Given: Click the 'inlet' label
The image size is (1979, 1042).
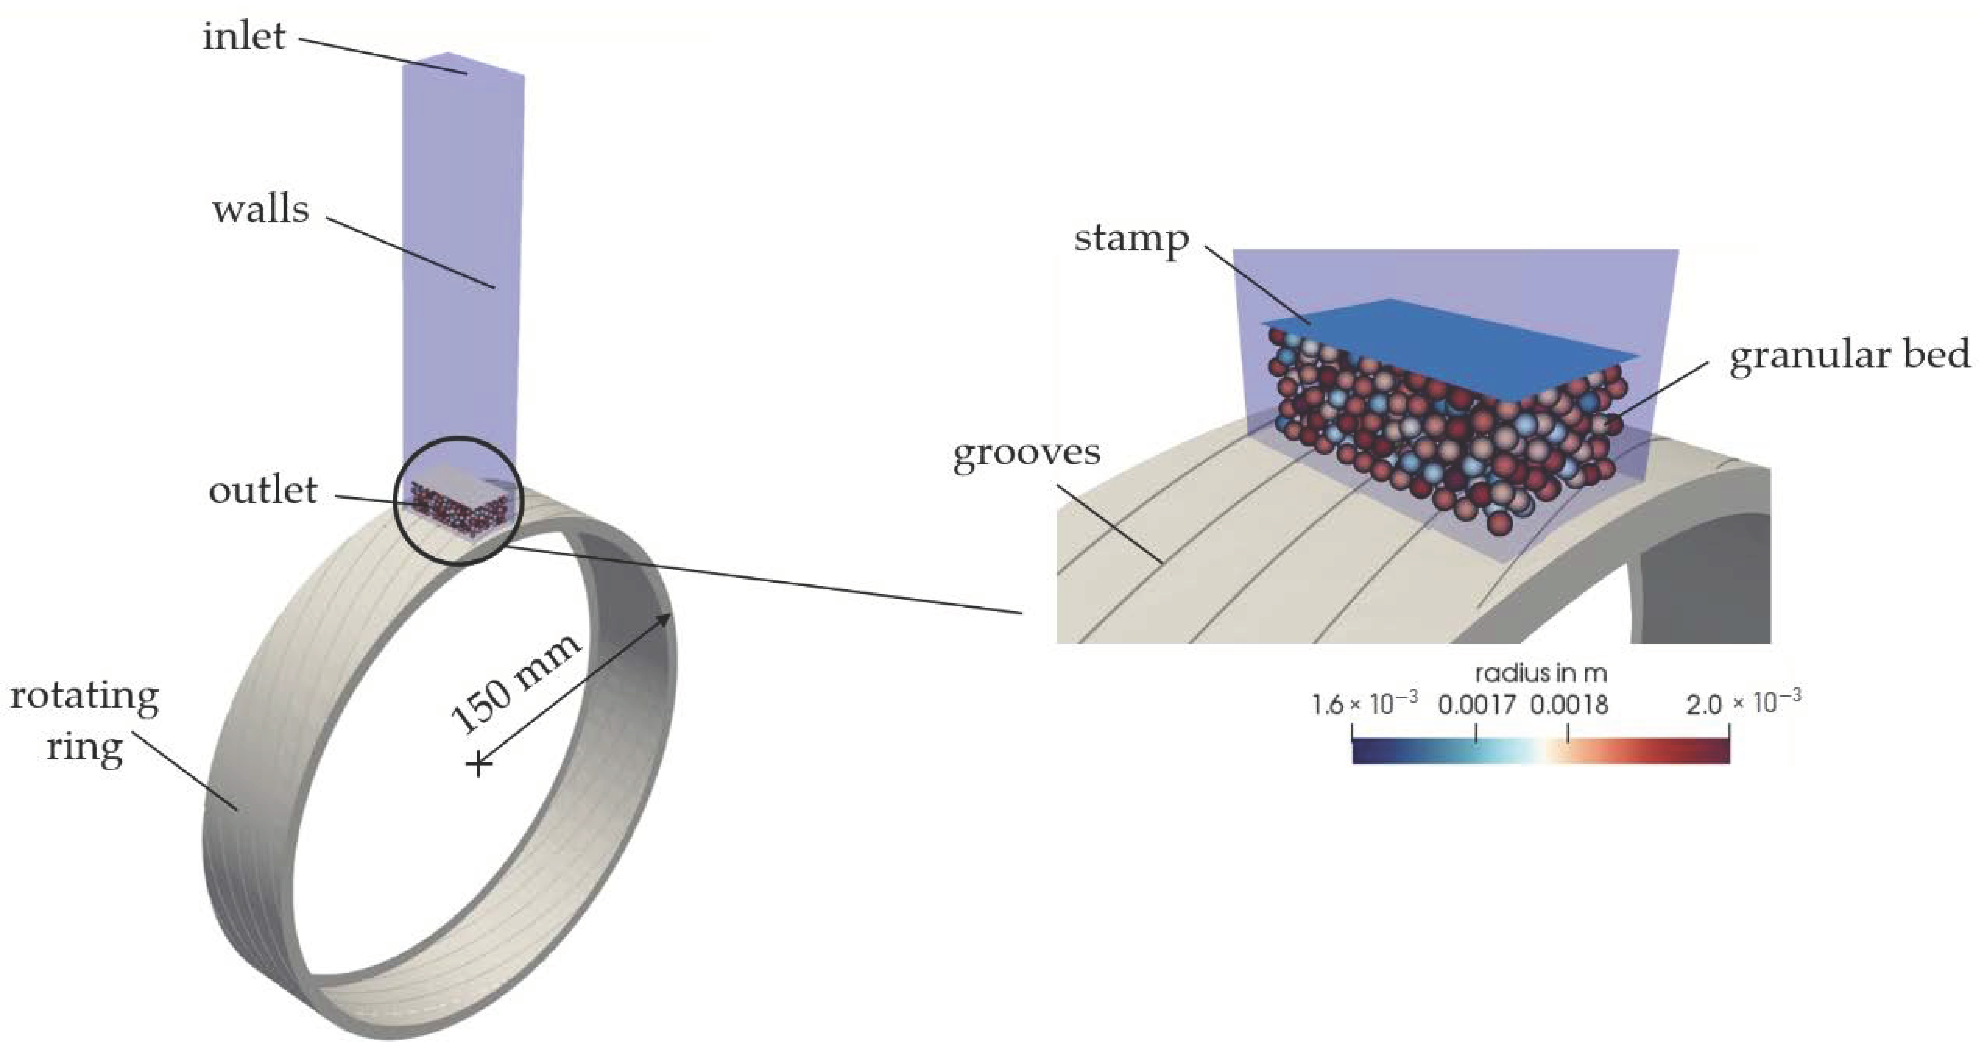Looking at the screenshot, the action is (244, 36).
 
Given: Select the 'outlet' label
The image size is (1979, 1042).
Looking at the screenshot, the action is (263, 490).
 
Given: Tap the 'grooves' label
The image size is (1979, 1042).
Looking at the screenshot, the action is (1026, 453).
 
